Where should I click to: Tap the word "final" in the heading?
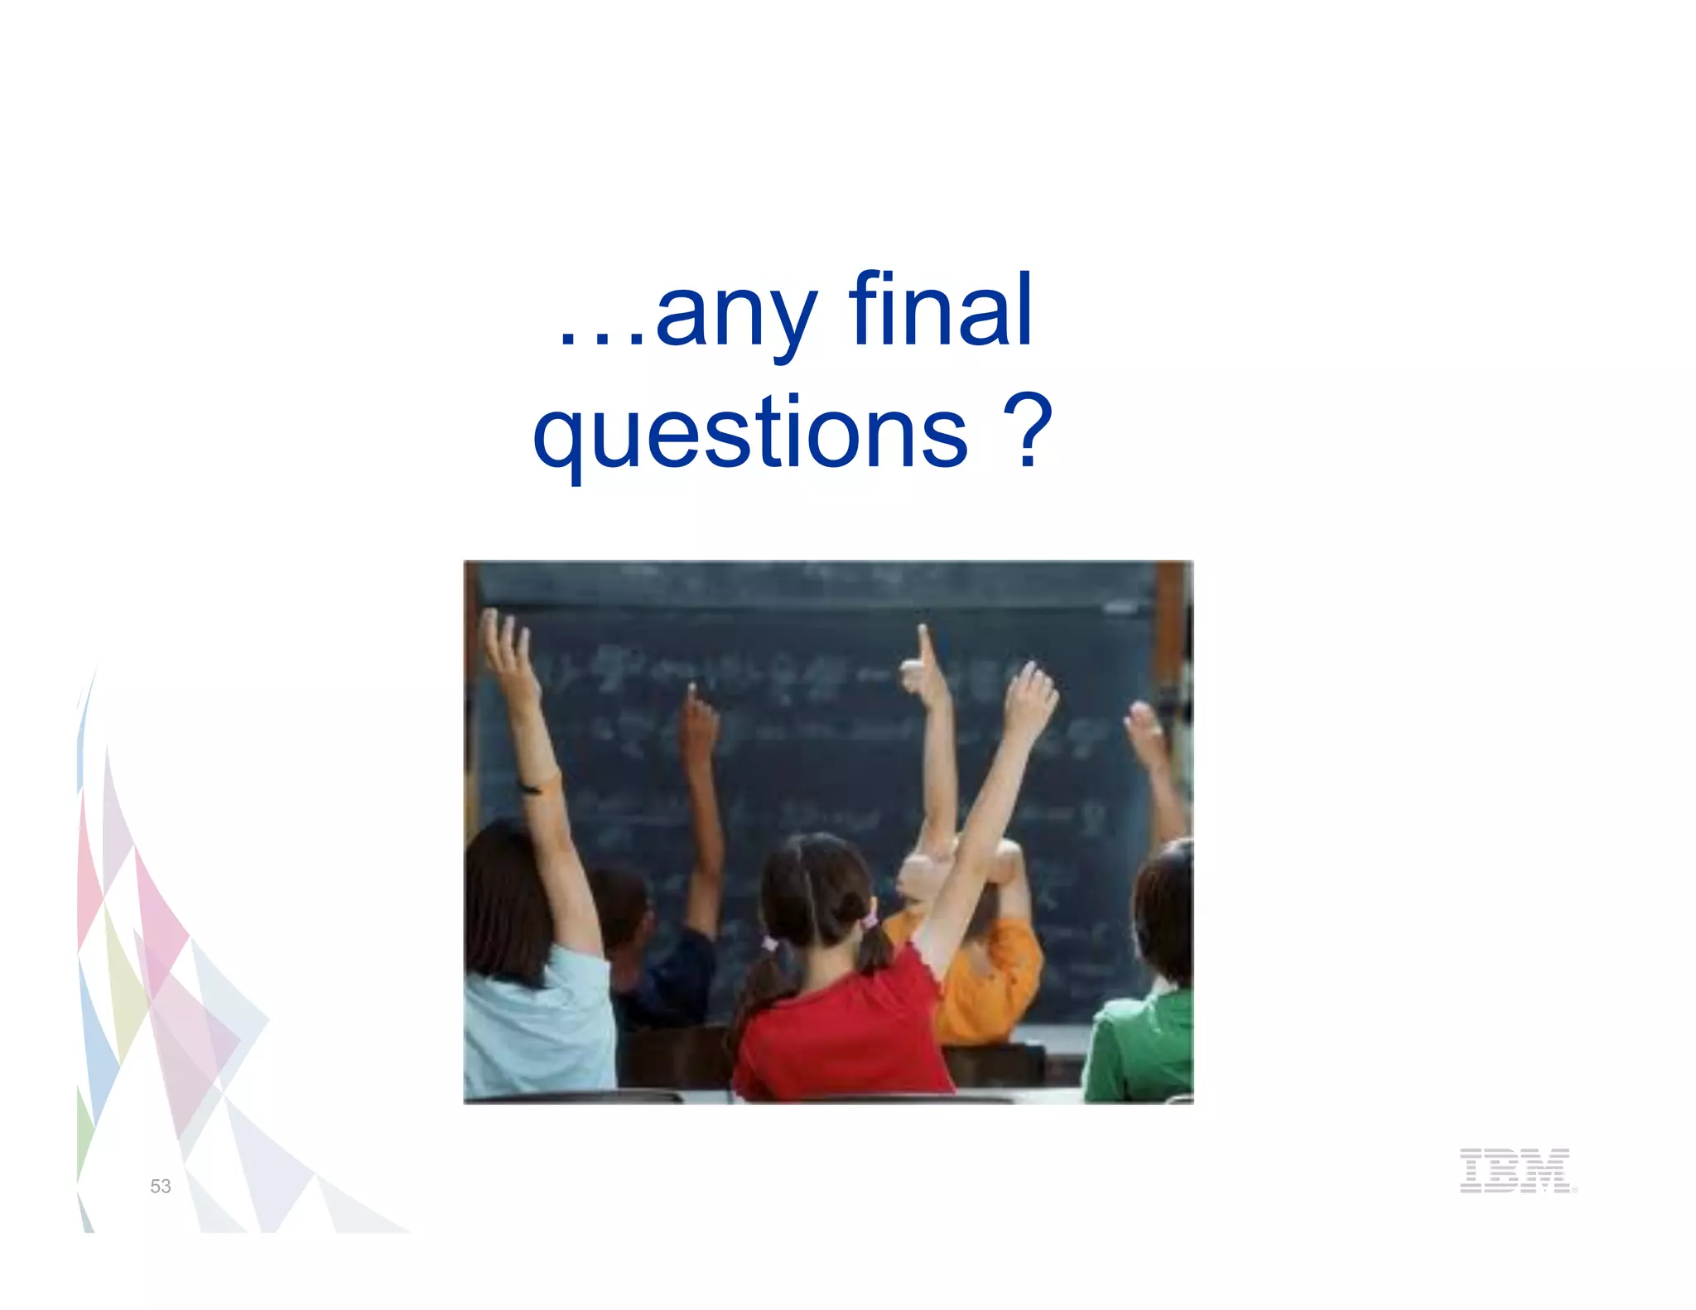[x=940, y=311]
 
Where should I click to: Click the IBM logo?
[x=1515, y=1170]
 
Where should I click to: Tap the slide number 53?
[x=161, y=1186]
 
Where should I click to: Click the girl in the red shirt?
[x=836, y=994]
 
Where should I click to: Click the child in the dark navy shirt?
[x=654, y=952]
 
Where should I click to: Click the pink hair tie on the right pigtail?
[x=870, y=917]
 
